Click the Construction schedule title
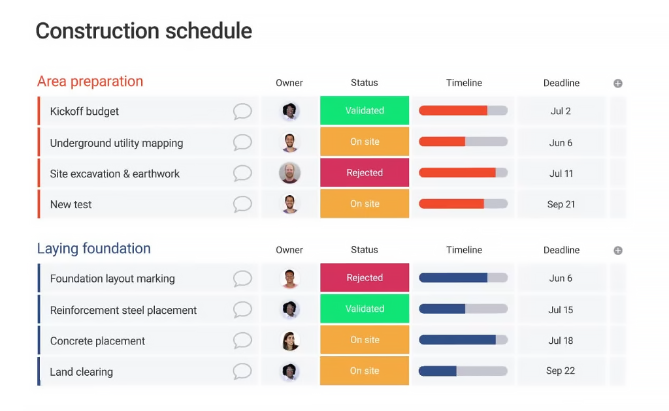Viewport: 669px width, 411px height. [x=144, y=31]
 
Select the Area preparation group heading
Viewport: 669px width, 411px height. [x=90, y=82]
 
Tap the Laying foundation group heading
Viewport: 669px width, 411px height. [x=94, y=249]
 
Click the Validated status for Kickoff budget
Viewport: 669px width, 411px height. [x=365, y=110]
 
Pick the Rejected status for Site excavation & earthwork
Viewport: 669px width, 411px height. [x=365, y=172]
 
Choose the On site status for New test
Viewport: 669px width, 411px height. [x=365, y=204]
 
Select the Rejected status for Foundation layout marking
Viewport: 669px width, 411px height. [x=365, y=278]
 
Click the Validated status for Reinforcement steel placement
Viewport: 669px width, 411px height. [x=365, y=309]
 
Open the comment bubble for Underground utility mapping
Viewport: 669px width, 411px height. [x=242, y=143]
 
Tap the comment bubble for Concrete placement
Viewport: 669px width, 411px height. [x=242, y=341]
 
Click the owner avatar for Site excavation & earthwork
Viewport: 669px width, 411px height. [x=289, y=173]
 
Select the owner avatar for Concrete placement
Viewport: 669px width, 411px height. [x=289, y=341]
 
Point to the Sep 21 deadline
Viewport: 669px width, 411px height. [x=561, y=204]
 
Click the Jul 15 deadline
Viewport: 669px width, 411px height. [x=561, y=310]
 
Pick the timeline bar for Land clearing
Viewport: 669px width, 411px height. [x=463, y=371]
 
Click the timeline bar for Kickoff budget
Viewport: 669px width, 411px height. [x=463, y=111]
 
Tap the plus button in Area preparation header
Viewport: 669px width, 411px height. [x=618, y=84]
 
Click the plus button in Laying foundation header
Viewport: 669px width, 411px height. [x=618, y=251]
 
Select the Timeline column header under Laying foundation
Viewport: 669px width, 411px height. [x=465, y=250]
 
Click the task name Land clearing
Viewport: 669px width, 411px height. [x=82, y=372]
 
